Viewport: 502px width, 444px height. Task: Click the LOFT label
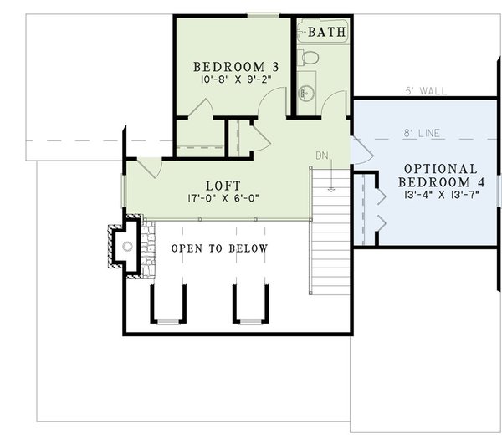tap(223, 186)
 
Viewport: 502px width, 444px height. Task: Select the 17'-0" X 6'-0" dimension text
tap(223, 199)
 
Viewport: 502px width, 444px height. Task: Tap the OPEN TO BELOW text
tap(219, 248)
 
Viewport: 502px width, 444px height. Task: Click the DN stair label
tap(323, 156)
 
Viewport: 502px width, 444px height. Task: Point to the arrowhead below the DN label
tap(332, 189)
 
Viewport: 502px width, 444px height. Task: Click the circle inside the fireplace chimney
tap(126, 247)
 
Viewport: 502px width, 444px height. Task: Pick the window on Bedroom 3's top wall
tap(263, 15)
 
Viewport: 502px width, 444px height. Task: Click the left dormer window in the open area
tap(168, 322)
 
